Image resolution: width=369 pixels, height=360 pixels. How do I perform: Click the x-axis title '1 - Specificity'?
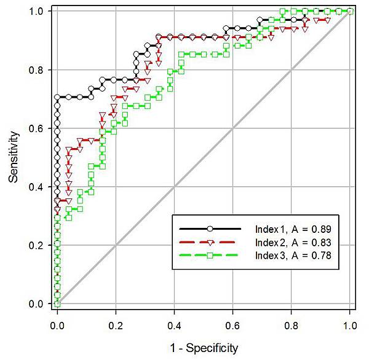pos(203,349)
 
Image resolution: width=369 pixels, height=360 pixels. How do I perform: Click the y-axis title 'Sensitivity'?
pos(14,157)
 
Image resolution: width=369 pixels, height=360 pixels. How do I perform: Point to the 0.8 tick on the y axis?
pos(38,70)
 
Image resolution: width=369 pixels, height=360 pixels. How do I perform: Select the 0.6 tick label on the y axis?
pos(38,128)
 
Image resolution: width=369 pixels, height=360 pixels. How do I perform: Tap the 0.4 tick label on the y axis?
pos(38,187)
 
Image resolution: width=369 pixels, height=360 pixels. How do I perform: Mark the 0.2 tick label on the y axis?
pos(38,245)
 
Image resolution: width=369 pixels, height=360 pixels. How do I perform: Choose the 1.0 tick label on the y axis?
pos(38,12)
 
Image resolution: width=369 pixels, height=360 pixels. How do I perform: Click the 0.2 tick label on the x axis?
pos(116,321)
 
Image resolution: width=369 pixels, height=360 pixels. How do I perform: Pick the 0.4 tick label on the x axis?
pos(175,321)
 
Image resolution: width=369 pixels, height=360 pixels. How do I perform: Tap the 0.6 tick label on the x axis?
pos(233,321)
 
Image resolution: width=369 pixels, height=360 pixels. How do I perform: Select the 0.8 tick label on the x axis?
pos(292,321)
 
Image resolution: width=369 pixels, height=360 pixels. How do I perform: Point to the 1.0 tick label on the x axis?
pos(350,321)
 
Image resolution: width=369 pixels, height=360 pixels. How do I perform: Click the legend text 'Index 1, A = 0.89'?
pos(297,229)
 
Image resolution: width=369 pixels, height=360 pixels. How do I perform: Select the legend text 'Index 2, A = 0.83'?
pos(297,242)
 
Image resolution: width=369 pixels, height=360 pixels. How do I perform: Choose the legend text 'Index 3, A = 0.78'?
pos(297,256)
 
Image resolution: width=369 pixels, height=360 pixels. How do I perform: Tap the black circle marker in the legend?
pos(209,229)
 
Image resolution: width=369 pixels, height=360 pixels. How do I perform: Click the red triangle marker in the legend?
pos(209,242)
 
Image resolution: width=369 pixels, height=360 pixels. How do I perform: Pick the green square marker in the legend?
pos(209,256)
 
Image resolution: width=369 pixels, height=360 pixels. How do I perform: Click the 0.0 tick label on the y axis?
pos(38,303)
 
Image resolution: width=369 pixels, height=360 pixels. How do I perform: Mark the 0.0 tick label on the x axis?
pos(57,321)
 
